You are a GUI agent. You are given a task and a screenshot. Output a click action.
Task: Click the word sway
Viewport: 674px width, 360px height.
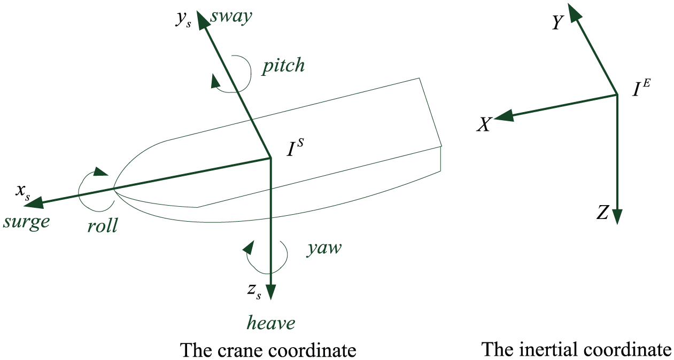(x=231, y=17)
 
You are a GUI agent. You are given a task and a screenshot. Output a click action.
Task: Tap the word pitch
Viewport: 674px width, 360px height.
(x=283, y=66)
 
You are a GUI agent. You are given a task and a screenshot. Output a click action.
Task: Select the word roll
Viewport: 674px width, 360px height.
(x=102, y=225)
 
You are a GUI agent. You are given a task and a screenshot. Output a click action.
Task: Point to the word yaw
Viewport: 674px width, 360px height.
(x=324, y=249)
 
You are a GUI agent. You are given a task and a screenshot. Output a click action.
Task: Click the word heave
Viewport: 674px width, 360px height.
(x=271, y=323)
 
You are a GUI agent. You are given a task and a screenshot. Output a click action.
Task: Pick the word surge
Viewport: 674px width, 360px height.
(x=27, y=223)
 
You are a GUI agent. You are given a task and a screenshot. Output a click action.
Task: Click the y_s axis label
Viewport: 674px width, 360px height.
(x=183, y=20)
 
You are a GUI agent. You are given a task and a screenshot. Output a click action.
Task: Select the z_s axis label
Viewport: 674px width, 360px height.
(x=254, y=291)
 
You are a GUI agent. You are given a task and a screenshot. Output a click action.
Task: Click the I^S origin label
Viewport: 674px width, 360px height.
(x=295, y=148)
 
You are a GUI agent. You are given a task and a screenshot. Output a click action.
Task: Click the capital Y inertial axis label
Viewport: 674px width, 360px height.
(x=557, y=22)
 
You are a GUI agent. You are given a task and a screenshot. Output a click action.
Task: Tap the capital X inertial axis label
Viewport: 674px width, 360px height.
(x=484, y=124)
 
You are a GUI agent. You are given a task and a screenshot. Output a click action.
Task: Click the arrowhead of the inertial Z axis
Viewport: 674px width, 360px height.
(x=617, y=216)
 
